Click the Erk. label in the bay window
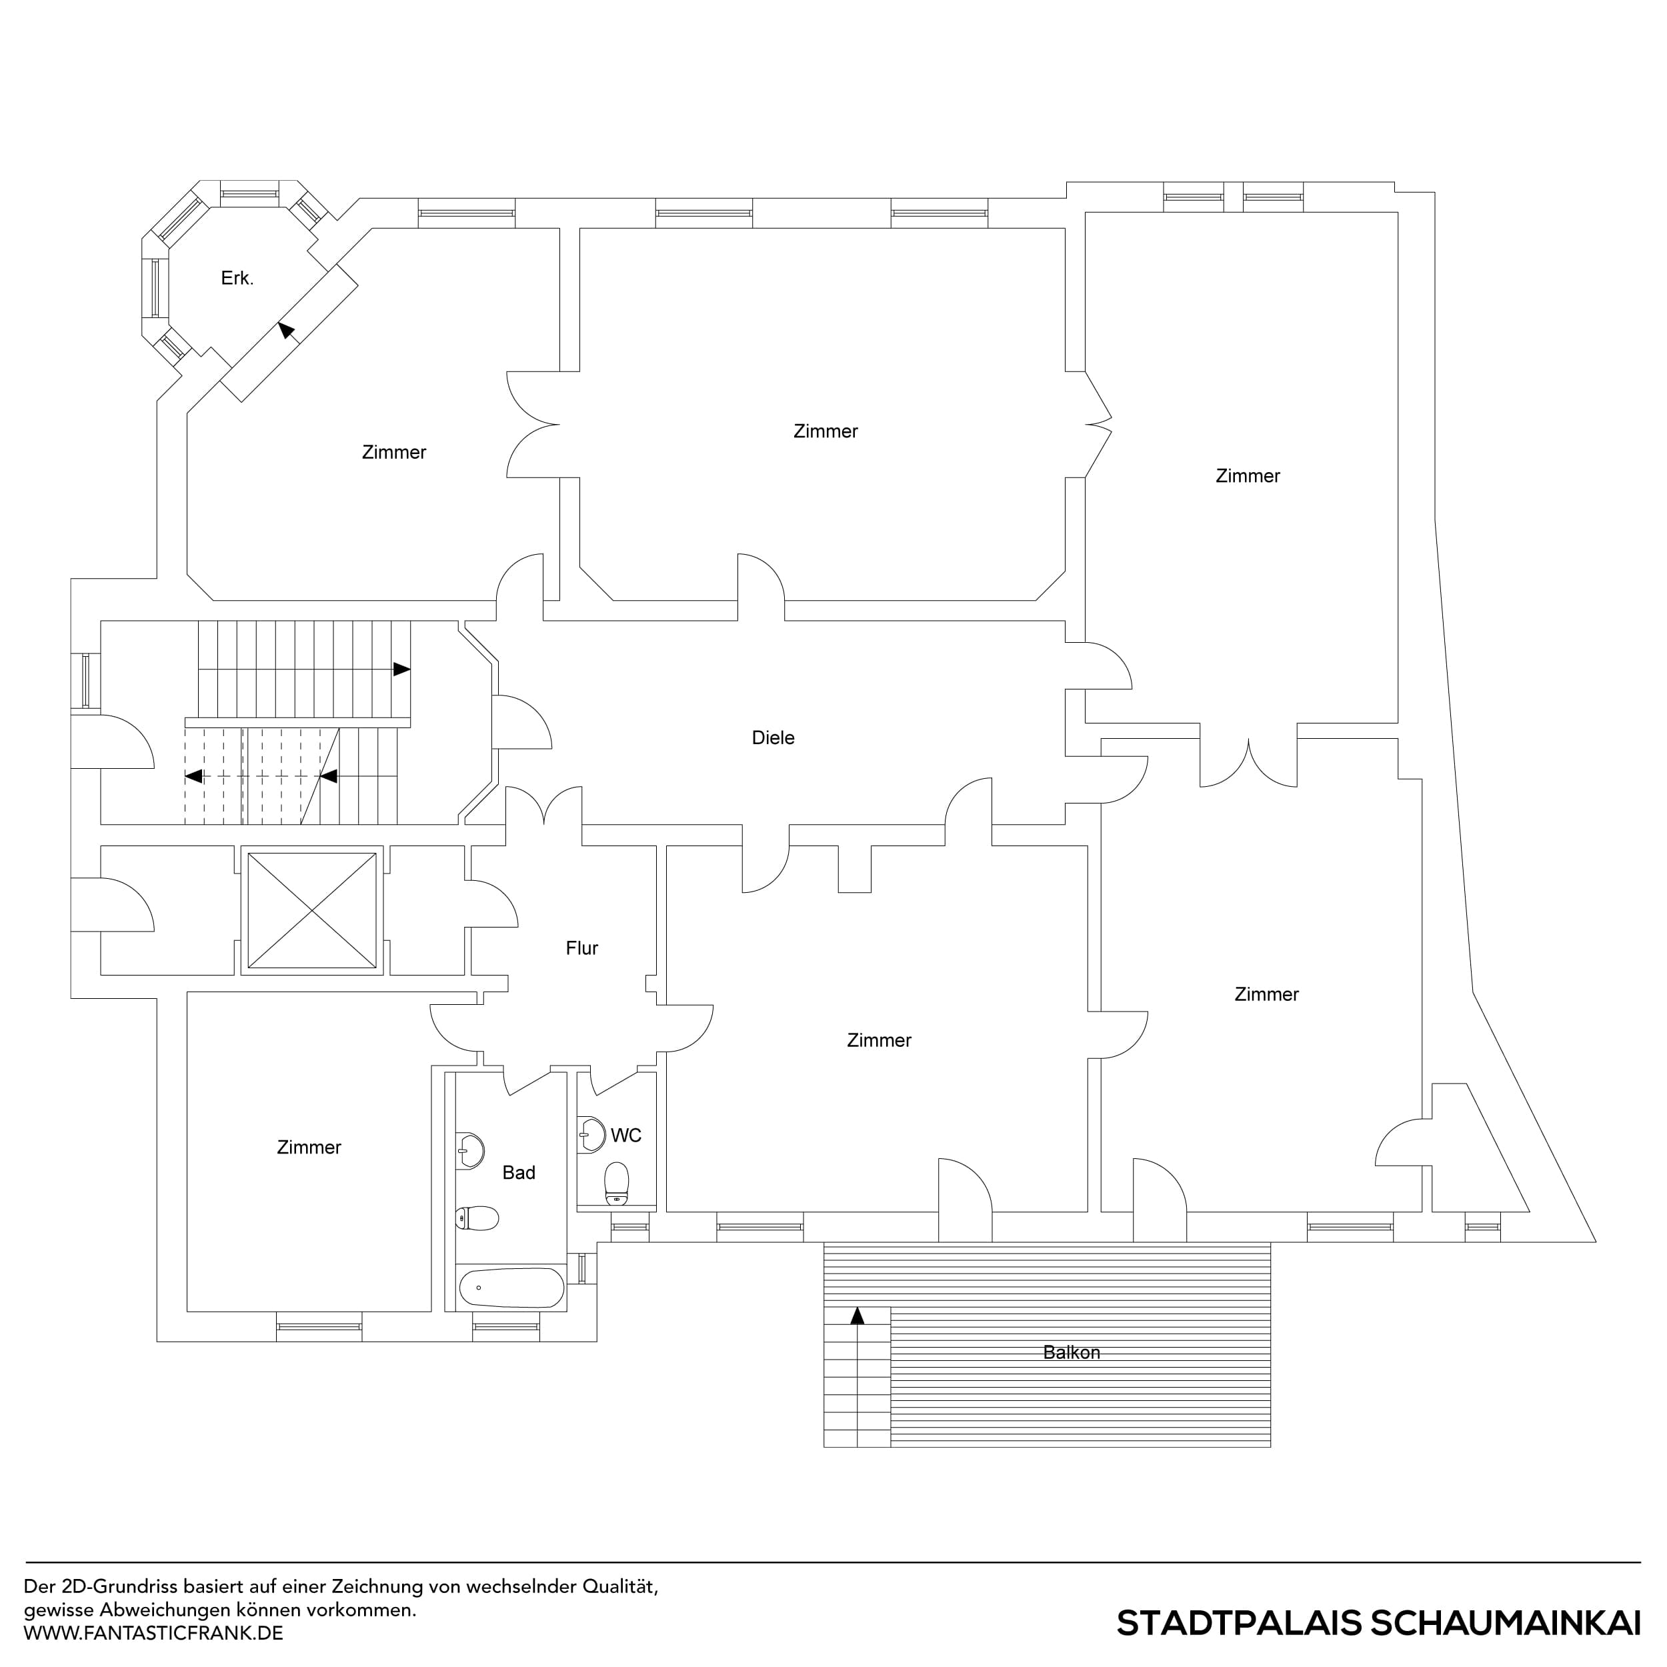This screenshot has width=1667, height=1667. [x=237, y=278]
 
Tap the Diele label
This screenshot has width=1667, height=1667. [x=772, y=737]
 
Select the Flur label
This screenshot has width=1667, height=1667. [x=581, y=948]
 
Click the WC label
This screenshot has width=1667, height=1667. [x=625, y=1136]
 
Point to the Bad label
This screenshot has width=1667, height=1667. [x=519, y=1173]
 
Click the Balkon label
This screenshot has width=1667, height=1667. [x=1071, y=1353]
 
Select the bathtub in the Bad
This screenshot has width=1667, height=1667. [x=511, y=1288]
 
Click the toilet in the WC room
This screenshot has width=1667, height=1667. [x=616, y=1184]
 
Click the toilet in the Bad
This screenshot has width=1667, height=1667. [x=477, y=1218]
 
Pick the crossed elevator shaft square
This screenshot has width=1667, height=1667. [x=311, y=910]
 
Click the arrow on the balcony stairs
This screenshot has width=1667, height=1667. [x=857, y=1316]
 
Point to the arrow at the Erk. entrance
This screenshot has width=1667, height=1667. [x=285, y=329]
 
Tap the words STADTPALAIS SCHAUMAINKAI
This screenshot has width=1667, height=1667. [x=1378, y=1623]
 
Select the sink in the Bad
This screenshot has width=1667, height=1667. [x=469, y=1150]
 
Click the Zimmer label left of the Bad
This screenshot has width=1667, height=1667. [x=309, y=1148]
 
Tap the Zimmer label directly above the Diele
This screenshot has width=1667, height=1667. [x=825, y=431]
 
